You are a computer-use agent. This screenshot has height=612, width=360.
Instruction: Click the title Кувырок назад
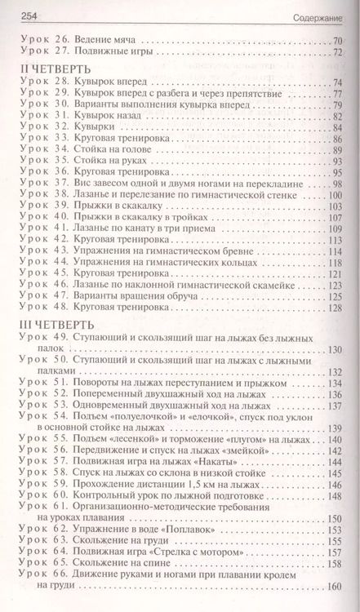point(109,117)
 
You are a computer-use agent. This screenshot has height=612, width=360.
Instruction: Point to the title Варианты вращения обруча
point(135,297)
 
